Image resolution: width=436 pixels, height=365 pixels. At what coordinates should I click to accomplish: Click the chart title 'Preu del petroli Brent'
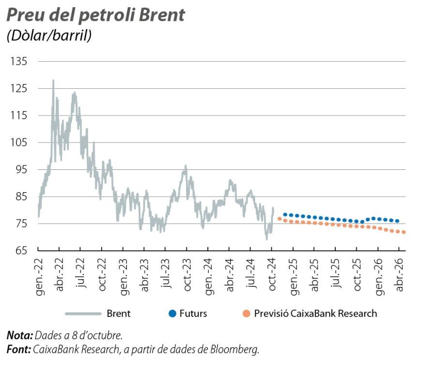click(95, 15)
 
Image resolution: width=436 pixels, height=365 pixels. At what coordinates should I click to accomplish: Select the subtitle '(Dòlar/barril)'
click(49, 36)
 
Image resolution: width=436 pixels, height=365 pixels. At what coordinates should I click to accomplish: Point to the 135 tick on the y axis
click(20, 62)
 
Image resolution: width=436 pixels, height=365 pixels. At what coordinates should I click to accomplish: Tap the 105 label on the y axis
click(20, 143)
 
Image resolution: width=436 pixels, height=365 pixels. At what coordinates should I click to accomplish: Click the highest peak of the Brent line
click(53, 81)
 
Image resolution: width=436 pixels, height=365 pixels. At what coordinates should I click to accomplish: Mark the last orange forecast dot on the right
click(404, 232)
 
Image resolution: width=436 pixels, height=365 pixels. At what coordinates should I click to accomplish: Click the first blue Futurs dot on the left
click(285, 214)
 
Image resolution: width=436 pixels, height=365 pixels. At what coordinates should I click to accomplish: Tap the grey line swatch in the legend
click(83, 314)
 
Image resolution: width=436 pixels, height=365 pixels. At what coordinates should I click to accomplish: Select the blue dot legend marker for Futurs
click(172, 314)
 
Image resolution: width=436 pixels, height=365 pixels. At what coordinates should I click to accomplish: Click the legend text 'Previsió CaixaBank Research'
click(315, 314)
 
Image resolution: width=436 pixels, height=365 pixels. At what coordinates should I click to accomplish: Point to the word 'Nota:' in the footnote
click(20, 335)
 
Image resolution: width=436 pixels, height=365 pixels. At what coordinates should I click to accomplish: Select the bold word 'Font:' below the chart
click(19, 349)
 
